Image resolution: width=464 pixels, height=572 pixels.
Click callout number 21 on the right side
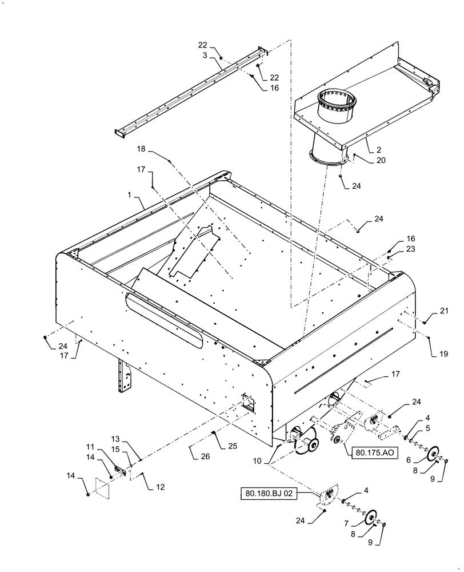tap(444, 311)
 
